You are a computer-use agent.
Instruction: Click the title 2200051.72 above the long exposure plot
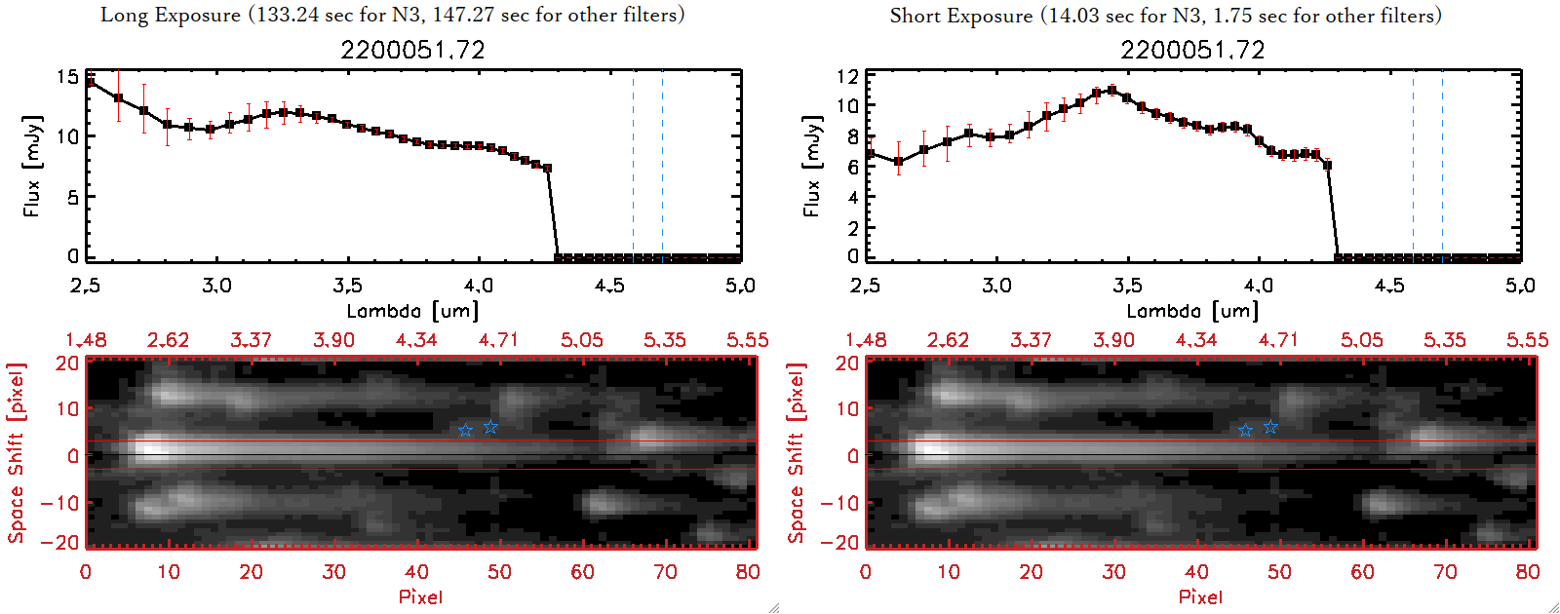[412, 50]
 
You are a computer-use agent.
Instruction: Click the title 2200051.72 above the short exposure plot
[1192, 50]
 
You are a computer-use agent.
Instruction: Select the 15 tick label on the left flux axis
[67, 77]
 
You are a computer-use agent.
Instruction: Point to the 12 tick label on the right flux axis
[847, 77]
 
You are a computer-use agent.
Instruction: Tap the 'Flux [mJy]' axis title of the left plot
[33, 166]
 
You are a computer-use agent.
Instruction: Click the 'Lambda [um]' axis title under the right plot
[1192, 311]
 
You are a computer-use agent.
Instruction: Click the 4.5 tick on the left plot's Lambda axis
[609, 286]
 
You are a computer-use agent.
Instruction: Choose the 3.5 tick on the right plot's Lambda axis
[1127, 286]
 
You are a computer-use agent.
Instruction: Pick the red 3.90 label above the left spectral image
[333, 340]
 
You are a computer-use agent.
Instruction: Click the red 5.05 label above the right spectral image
[1361, 340]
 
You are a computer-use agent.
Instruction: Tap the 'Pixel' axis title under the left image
[420, 596]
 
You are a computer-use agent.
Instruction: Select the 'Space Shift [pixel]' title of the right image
[797, 453]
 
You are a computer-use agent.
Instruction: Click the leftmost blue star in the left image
[466, 430]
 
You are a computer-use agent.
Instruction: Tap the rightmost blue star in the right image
[1270, 427]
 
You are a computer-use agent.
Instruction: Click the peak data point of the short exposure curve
[1111, 91]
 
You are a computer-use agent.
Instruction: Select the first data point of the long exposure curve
[91, 82]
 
